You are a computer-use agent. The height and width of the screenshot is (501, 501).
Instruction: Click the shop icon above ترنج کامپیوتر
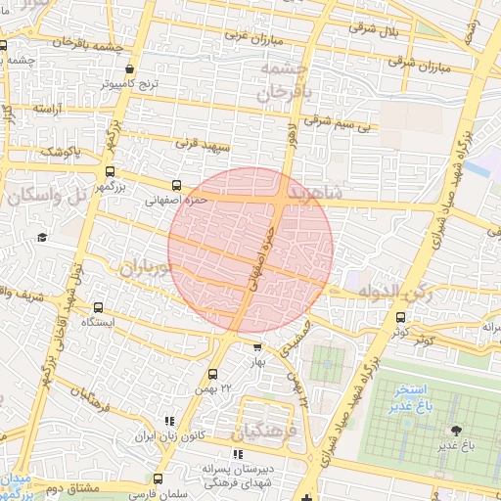tap(131, 69)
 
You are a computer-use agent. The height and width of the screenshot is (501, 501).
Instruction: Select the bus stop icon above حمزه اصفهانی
tap(176, 185)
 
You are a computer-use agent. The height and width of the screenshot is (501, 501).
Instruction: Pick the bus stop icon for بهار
tap(257, 346)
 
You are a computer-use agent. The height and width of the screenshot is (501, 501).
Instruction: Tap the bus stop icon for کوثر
tap(400, 317)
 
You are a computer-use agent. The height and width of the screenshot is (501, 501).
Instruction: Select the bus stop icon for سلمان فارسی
tap(158, 478)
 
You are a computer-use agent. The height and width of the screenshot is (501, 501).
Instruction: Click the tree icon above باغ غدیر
tap(455, 431)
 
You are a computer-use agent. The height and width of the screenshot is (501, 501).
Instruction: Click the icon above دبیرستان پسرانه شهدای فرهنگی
tap(237, 454)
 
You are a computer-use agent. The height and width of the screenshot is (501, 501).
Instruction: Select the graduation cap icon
tap(42, 237)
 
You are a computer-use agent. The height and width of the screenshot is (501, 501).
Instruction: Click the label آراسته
tap(47, 108)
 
